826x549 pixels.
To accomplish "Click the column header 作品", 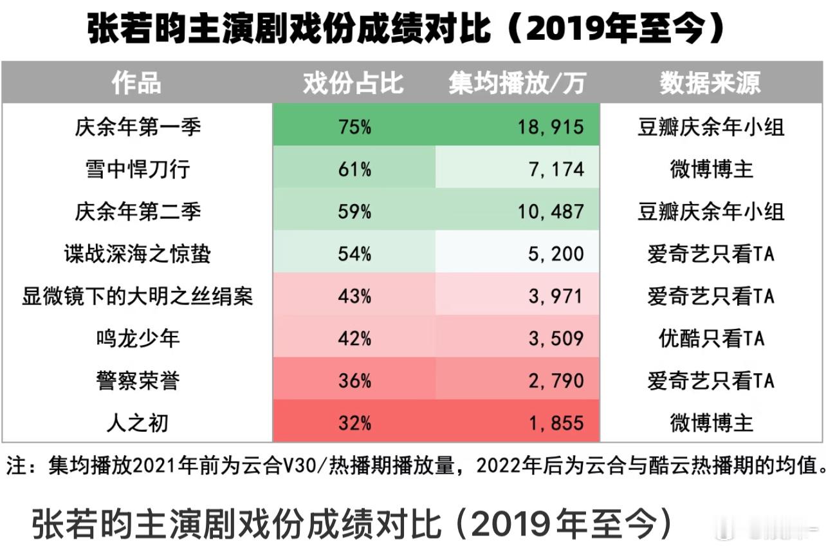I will (x=136, y=82).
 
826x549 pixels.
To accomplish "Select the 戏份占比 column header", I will (x=353, y=82).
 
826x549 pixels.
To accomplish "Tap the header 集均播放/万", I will (x=517, y=82).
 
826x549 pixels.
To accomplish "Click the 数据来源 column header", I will (x=710, y=82).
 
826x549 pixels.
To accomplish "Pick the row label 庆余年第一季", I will (x=138, y=126).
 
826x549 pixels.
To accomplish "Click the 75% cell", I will (x=354, y=126).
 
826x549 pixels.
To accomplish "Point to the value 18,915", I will (x=551, y=126).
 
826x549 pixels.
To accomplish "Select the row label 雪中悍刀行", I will (x=138, y=169).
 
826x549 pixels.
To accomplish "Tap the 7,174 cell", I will (x=556, y=169).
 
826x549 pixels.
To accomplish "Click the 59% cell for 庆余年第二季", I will (x=354, y=211).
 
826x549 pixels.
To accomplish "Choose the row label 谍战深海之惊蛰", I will (x=138, y=254).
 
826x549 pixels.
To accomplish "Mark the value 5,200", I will (x=556, y=254).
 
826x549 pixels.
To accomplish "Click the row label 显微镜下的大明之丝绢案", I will (x=138, y=296).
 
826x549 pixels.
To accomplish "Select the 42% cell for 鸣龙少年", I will (x=354, y=339).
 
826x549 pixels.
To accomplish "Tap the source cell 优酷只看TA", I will (x=711, y=339).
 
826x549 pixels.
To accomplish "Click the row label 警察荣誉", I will (x=138, y=381).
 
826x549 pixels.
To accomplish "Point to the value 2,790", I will (x=556, y=381).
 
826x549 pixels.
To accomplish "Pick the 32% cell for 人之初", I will (x=354, y=423).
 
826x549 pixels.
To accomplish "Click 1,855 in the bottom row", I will (x=556, y=423).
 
